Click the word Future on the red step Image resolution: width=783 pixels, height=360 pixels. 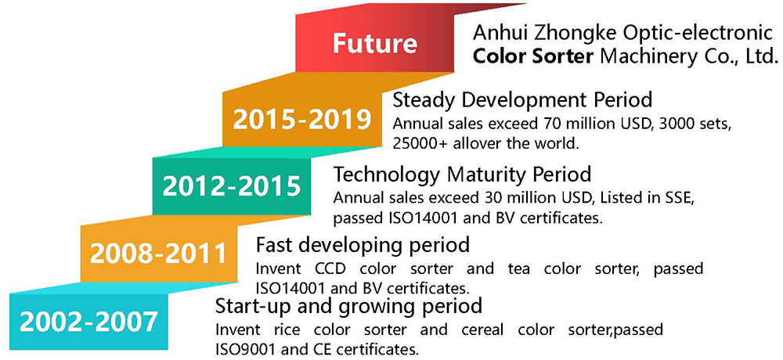(375, 43)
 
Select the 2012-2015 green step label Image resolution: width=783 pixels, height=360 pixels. (233, 188)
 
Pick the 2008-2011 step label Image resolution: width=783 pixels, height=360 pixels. (158, 254)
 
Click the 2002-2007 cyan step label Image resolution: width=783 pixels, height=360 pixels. (88, 322)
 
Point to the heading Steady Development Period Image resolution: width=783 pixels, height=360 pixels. (523, 100)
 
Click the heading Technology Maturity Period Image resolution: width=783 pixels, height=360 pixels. (463, 175)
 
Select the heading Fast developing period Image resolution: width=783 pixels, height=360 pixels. (363, 245)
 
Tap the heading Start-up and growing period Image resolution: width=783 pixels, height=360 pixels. (348, 305)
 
